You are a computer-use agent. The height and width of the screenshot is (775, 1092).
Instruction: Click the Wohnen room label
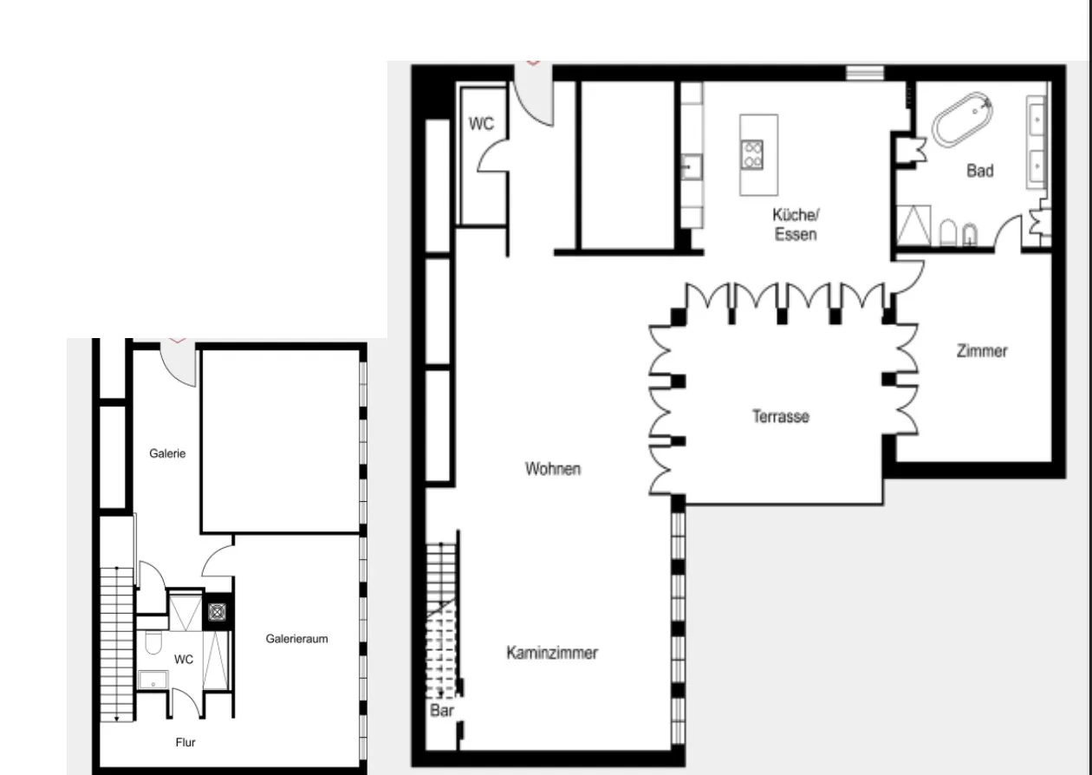pos(552,469)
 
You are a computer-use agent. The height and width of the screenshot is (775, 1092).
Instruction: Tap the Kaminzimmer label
pos(552,653)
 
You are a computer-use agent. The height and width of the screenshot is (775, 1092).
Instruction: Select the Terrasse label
pos(780,416)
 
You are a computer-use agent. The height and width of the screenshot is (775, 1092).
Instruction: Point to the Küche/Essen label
pos(795,225)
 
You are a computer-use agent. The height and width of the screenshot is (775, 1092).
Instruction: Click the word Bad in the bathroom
pos(979,171)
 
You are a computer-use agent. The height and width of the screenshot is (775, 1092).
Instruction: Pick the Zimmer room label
pos(982,351)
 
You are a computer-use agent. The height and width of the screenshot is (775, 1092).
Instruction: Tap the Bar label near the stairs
pos(442,711)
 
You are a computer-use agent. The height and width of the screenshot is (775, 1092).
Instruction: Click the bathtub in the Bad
pos(961,120)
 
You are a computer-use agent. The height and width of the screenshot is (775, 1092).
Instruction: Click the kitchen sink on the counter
pos(691,166)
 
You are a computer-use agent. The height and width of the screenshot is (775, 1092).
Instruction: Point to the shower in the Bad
pos(913,225)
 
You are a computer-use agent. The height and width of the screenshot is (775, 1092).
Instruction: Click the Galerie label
pos(167,453)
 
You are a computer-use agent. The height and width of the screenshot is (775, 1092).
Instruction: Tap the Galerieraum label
pos(296,639)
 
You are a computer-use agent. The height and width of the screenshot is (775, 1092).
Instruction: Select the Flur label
pos(185,742)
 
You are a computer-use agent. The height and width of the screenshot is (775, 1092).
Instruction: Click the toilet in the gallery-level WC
pos(153,643)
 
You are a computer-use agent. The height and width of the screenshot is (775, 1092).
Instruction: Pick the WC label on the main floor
pos(481,124)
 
